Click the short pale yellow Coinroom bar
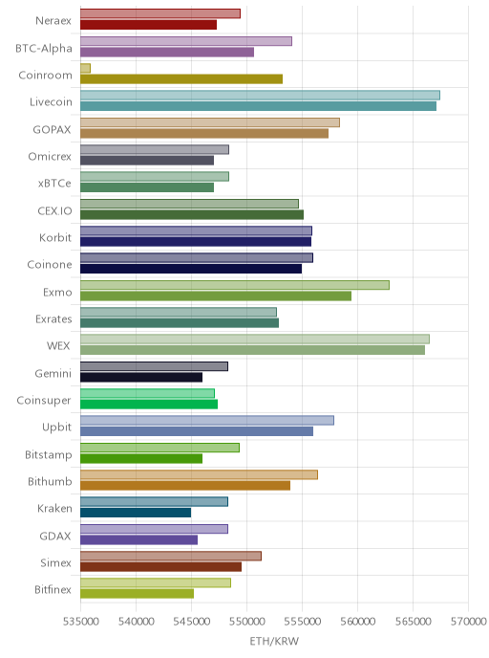tap(86, 69)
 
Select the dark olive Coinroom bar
tap(181, 78)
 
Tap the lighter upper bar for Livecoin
tap(260, 96)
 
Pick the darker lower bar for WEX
tap(253, 350)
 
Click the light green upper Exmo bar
tap(235, 285)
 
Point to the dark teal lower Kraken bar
tap(136, 513)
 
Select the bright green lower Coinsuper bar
tap(149, 405)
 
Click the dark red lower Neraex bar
tap(149, 25)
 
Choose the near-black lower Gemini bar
tap(141, 377)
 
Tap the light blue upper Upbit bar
tap(207, 421)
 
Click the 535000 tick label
tap(80, 621)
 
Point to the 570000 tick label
tap(469, 621)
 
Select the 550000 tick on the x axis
tap(246, 621)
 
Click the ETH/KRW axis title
tap(274, 641)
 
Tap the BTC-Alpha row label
tap(44, 49)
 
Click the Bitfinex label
tap(53, 589)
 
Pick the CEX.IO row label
tap(54, 210)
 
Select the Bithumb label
tap(50, 481)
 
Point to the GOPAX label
tap(52, 130)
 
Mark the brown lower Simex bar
tap(160, 567)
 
